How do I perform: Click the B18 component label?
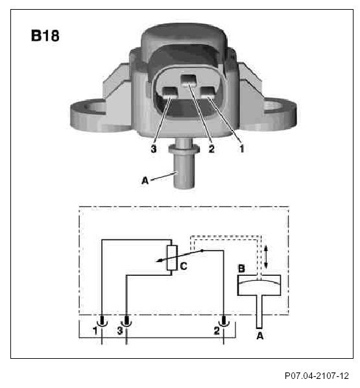tap(45, 36)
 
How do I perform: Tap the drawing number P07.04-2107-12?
tap(317, 376)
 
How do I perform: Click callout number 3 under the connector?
tap(154, 149)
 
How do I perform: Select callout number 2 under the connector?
tap(211, 149)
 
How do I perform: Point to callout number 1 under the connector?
tap(241, 149)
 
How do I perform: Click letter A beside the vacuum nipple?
tap(145, 180)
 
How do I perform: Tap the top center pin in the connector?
tap(189, 80)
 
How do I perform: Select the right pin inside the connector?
tap(208, 93)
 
